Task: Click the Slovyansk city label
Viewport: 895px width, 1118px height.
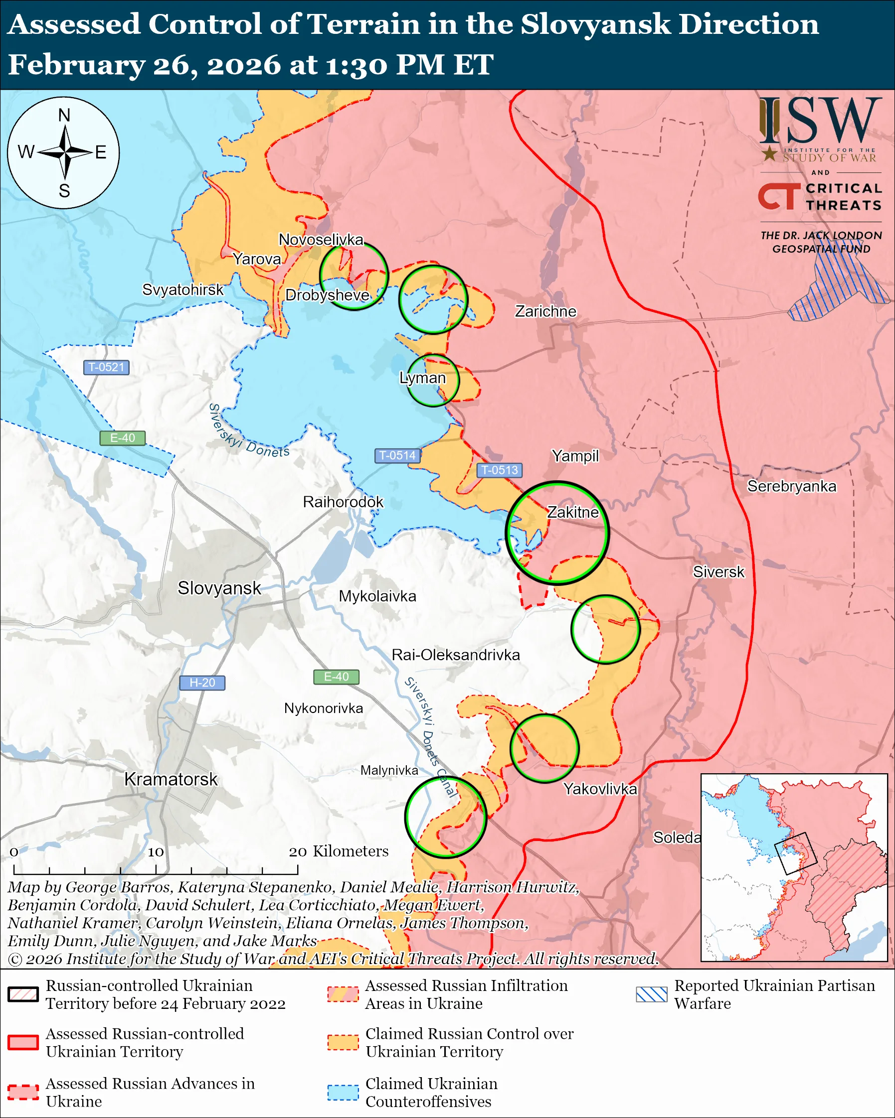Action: click(x=219, y=588)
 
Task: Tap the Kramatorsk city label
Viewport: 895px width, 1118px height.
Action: click(x=171, y=779)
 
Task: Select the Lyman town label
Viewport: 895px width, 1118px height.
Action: click(x=422, y=378)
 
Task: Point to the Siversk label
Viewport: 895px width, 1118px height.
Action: click(x=718, y=571)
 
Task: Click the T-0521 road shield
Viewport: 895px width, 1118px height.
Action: click(x=106, y=367)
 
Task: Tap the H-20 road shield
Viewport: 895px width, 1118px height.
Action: click(x=202, y=683)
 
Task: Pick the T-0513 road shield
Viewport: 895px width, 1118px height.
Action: click(x=499, y=470)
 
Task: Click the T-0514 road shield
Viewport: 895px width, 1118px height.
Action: click(x=397, y=455)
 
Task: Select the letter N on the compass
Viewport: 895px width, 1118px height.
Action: click(x=64, y=115)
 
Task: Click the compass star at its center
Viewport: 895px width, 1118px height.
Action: click(x=65, y=152)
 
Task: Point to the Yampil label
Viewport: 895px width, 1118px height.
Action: click(x=575, y=456)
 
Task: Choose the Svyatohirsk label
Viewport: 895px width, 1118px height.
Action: click(x=182, y=289)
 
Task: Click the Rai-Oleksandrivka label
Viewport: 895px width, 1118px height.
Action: click(x=456, y=655)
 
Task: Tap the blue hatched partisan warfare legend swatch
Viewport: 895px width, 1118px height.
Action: click(x=651, y=994)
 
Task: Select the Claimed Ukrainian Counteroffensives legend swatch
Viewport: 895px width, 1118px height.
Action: click(x=343, y=1092)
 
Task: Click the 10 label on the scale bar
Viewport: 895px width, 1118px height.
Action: click(x=156, y=852)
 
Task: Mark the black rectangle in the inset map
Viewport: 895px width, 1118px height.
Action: click(x=795, y=853)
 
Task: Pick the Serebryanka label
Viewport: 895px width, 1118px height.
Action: click(x=791, y=486)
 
